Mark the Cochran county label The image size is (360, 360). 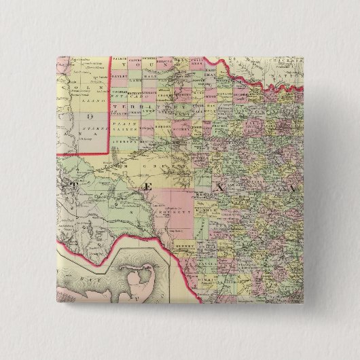click(x=120, y=94)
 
